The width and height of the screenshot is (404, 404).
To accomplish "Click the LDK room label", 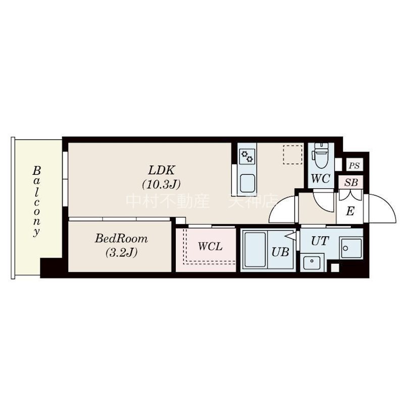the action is point(162,171).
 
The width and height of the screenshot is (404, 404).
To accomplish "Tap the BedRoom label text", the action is point(121,238).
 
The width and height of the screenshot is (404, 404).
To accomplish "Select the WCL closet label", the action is point(210,246).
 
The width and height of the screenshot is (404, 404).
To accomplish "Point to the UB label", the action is point(280,252).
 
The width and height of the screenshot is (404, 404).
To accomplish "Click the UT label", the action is point(320,241).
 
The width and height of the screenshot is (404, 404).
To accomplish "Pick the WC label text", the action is point(321,179).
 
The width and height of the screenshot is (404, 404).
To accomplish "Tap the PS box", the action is point(355,165).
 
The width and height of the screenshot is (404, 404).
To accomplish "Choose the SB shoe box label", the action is point(351,182).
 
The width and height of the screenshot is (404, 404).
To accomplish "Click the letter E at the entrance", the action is point(350,211).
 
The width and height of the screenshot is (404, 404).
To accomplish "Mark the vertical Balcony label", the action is point(36,201).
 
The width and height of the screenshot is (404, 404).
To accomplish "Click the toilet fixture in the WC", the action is point(321,155).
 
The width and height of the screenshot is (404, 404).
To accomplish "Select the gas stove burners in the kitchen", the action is point(247,157).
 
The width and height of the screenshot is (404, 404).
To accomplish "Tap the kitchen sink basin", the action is point(247,183).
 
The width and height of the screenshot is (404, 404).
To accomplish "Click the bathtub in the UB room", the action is point(255,249).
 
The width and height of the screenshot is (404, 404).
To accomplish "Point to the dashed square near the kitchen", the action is point(293,155).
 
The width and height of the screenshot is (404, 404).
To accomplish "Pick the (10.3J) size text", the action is point(161,184).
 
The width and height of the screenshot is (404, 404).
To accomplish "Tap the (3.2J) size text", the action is point(121,252).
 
